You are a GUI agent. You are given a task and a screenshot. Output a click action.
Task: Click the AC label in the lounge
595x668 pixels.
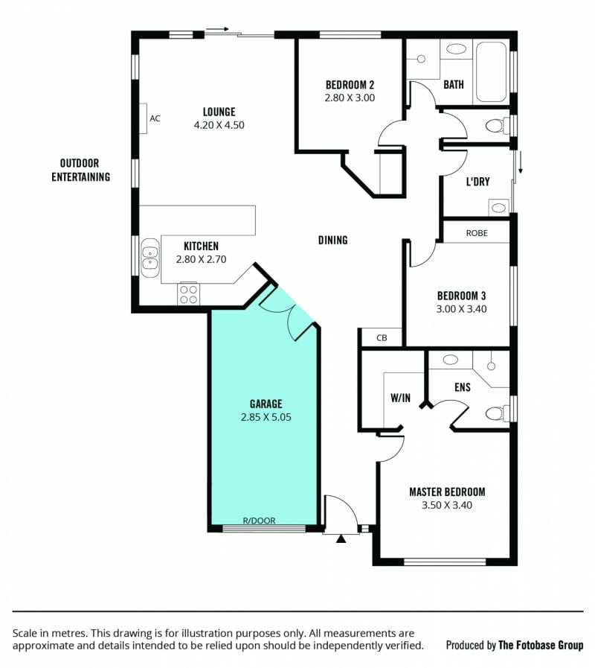click(155, 118)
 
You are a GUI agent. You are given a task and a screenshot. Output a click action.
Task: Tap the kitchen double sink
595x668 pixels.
click(149, 258)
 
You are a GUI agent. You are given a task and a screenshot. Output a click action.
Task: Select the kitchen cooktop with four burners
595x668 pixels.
click(188, 294)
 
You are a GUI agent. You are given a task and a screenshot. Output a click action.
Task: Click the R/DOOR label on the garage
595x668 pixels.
click(259, 520)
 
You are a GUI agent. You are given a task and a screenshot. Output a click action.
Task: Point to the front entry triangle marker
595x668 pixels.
click(341, 539)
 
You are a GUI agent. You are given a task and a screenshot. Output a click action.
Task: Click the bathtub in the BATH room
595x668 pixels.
click(491, 71)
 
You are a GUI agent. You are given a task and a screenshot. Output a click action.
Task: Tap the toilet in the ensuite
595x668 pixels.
click(497, 413)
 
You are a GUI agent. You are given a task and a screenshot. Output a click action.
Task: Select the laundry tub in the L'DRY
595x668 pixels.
click(498, 208)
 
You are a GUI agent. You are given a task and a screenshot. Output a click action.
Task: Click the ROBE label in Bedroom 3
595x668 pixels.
click(477, 233)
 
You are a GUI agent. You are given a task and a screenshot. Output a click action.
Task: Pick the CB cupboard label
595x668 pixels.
click(382, 338)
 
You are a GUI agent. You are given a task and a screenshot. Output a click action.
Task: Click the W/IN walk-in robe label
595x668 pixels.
click(400, 398)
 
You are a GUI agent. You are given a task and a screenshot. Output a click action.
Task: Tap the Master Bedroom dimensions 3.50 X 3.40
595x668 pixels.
click(447, 505)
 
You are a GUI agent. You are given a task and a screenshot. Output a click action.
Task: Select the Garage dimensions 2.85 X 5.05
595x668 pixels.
click(266, 417)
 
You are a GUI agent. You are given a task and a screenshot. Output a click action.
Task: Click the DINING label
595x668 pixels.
click(332, 241)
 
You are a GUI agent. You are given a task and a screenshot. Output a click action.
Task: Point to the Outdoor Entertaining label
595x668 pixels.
click(81, 170)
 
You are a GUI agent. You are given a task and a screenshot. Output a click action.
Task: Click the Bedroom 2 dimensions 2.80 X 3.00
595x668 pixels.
click(350, 98)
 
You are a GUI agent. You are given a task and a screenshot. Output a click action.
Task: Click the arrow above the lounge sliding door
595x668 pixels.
click(217, 29)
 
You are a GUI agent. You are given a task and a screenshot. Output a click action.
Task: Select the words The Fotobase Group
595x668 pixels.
click(541, 645)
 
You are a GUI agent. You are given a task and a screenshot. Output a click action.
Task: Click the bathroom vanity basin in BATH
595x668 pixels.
click(456, 49)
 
